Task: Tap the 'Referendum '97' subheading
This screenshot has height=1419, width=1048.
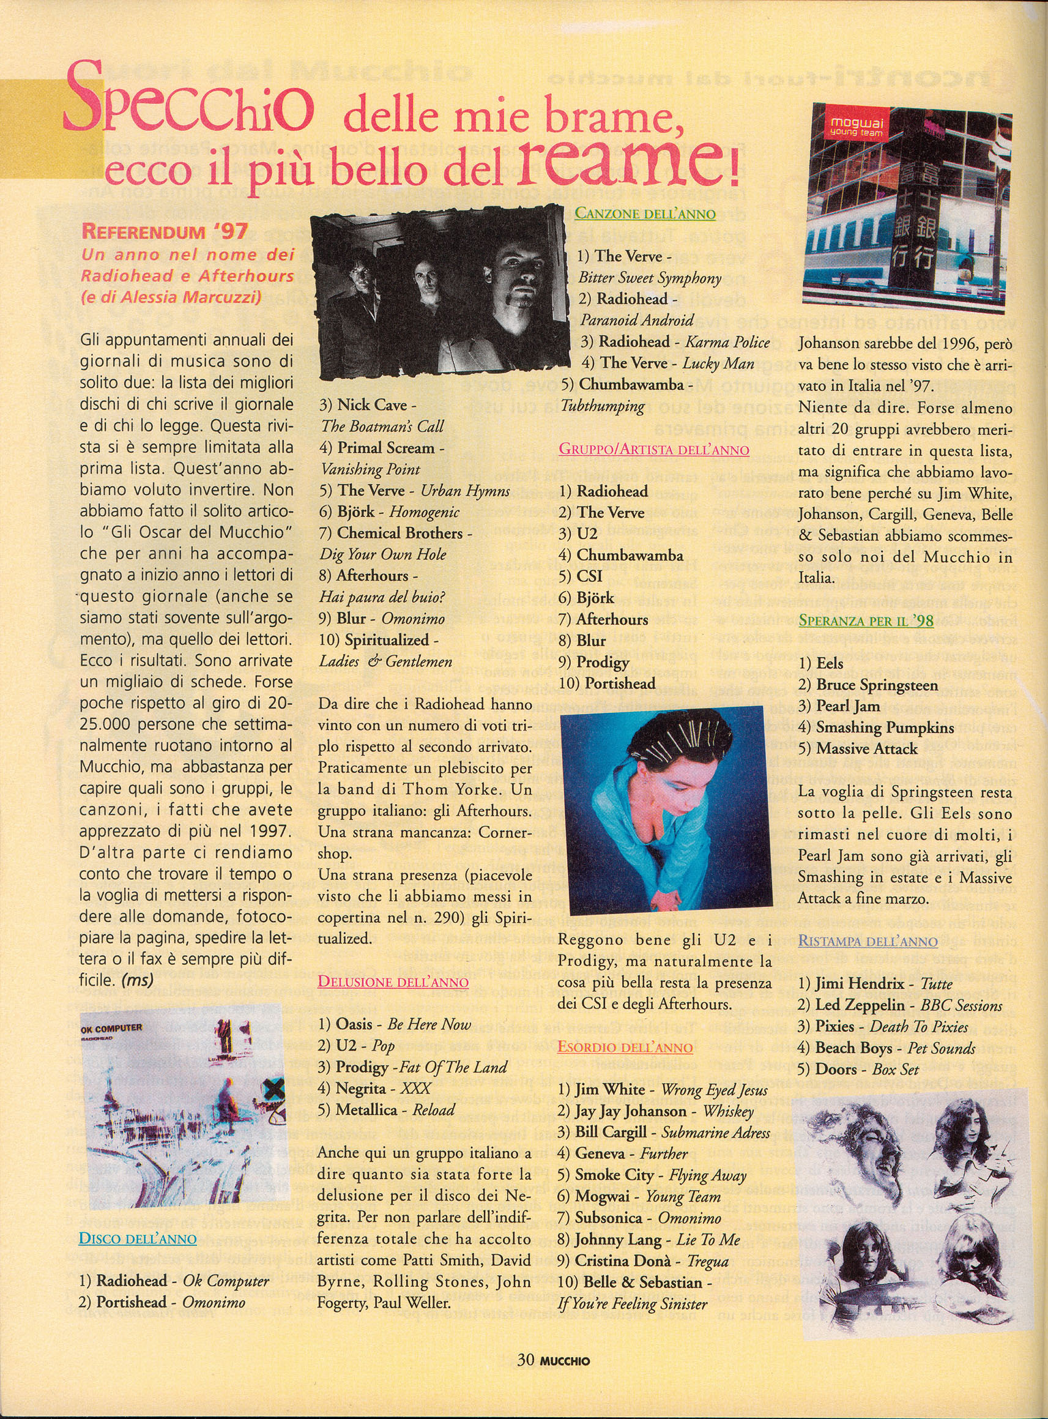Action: (x=165, y=231)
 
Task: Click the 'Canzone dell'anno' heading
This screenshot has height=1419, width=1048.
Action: (x=645, y=214)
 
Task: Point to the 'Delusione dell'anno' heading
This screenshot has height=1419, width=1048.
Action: (x=393, y=982)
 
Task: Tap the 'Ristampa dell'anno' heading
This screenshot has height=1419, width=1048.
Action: (x=867, y=940)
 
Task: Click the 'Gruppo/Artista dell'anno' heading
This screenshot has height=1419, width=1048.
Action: (x=653, y=450)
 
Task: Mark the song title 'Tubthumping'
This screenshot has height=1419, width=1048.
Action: (x=602, y=406)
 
